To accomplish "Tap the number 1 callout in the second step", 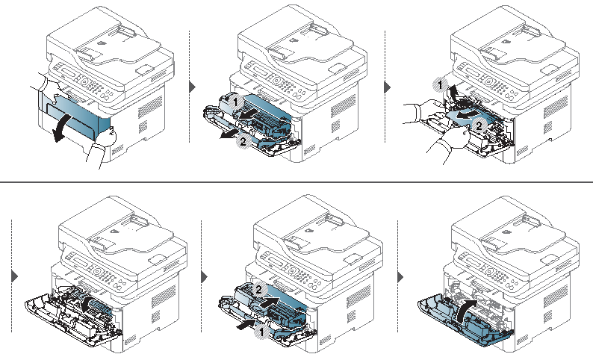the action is (x=235, y=102).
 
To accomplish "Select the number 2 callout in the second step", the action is (x=243, y=141).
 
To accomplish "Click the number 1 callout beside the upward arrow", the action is (x=440, y=85).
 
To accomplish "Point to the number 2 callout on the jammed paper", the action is (x=479, y=125).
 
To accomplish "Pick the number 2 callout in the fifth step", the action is (x=258, y=290).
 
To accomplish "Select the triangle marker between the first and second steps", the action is (x=193, y=87).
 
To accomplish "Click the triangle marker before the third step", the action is (x=388, y=87).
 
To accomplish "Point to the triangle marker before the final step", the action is (x=400, y=277).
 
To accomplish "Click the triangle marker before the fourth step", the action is (x=15, y=276).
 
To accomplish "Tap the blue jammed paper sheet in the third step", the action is (x=469, y=117).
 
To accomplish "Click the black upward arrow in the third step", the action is (x=452, y=93).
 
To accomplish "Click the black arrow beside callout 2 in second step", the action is (x=229, y=134).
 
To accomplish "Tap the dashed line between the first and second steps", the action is (x=189, y=87).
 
